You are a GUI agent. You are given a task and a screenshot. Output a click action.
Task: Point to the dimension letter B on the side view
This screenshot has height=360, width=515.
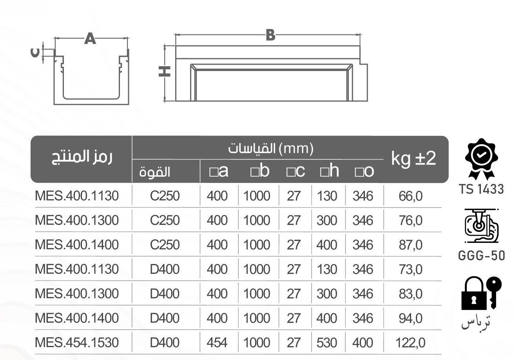[x=270, y=35]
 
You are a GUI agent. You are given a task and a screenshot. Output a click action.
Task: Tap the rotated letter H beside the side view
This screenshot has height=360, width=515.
[x=165, y=71]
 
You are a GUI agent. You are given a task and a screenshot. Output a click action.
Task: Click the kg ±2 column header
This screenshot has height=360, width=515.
[x=413, y=159]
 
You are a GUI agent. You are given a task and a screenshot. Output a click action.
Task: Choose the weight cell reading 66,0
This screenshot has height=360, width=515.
[x=410, y=196]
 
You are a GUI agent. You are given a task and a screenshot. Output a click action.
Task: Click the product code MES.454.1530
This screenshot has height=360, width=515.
[x=77, y=343]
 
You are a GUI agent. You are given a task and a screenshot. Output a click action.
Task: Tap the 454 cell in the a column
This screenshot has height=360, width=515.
[x=217, y=343]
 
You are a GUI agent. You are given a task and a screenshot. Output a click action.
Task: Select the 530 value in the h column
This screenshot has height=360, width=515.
[x=326, y=343]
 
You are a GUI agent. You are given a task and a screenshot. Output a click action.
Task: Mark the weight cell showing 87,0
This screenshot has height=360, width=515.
[x=410, y=245]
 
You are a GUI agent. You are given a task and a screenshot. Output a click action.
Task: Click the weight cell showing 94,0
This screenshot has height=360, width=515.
[x=410, y=318]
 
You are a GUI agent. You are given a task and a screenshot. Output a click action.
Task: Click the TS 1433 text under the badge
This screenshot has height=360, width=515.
[x=481, y=189]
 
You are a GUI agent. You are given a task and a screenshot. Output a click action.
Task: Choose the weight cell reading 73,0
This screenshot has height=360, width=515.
[x=410, y=270]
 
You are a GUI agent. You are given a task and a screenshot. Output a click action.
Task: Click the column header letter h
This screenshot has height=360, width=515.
[x=332, y=171]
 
